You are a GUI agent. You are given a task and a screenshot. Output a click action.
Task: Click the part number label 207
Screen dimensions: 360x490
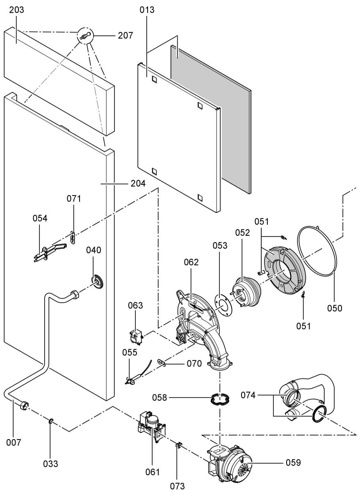coord(125,35)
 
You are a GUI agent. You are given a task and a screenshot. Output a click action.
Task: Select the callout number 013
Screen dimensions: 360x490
coord(147,10)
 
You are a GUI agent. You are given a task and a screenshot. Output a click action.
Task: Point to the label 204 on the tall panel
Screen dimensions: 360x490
coord(138,183)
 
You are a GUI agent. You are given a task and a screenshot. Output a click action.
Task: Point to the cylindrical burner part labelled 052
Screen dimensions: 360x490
coord(245,290)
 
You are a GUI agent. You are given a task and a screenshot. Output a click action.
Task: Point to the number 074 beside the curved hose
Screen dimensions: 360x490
coord(248,395)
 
